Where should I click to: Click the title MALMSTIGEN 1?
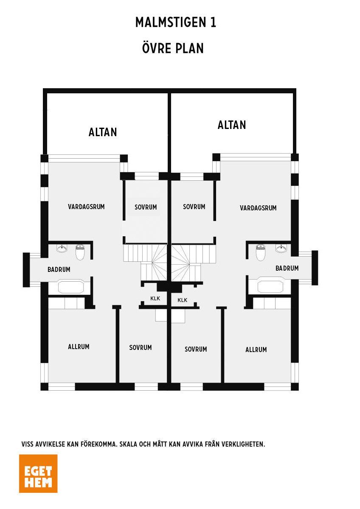(x=176, y=22)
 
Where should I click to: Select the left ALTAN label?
(x=103, y=132)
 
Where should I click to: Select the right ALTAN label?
(x=232, y=125)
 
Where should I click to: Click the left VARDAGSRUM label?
(x=86, y=207)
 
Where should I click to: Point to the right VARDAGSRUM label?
(x=258, y=208)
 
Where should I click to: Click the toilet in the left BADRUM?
(x=80, y=252)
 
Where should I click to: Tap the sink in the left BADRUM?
(x=62, y=249)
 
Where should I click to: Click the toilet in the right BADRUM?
(x=260, y=252)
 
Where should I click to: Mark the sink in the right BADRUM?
(x=281, y=249)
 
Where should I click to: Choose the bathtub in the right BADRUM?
(x=270, y=287)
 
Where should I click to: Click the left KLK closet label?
(x=155, y=298)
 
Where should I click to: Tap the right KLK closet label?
(x=183, y=300)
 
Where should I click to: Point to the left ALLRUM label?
(x=79, y=347)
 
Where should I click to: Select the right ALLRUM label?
(x=256, y=350)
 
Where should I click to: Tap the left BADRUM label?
(x=59, y=269)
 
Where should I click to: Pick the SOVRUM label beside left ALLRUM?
(x=141, y=347)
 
